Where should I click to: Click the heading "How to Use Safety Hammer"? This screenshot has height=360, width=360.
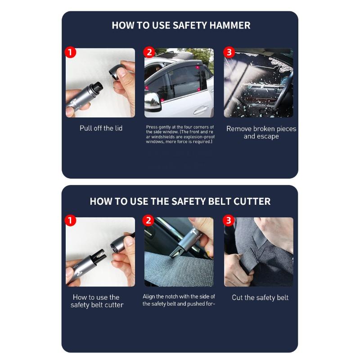coord(180,25)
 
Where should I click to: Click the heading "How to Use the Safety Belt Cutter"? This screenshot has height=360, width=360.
coord(180,201)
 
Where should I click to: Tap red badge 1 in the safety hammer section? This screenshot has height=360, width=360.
coord(70,52)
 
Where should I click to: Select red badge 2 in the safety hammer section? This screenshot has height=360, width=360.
coord(149,52)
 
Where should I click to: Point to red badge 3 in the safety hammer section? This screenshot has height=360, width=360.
coord(229,52)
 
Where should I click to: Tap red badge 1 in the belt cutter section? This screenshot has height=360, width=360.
coord(70,221)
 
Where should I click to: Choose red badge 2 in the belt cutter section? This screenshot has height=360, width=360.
coord(148,221)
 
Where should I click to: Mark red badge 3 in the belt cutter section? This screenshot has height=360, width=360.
coord(229,221)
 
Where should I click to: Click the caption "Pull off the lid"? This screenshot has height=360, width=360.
coord(101,128)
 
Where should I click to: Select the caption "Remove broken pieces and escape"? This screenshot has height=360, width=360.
coord(261,132)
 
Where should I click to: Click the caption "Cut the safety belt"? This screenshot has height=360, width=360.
coord(260,297)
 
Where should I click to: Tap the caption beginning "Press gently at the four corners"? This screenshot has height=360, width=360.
coord(180,134)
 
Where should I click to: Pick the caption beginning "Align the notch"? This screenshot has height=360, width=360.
coord(179,300)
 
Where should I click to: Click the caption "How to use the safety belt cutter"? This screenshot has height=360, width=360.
coord(97,301)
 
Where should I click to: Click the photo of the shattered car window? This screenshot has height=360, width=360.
coord(258,83)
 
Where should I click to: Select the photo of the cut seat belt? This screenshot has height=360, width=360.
coord(258,252)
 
